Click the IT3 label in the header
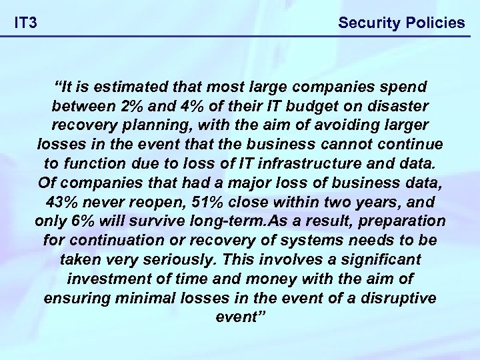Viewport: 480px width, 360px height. tap(26, 23)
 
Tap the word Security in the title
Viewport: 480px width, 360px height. tap(366, 23)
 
